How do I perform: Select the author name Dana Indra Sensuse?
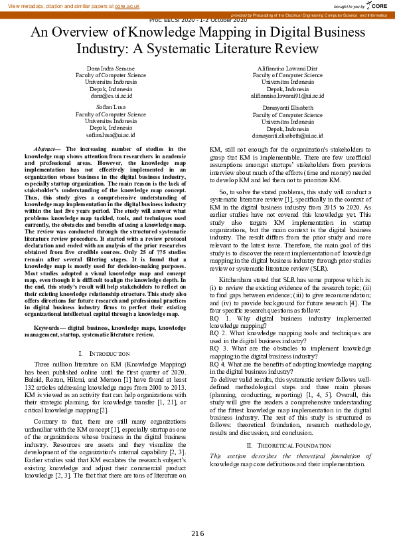coord(111,69)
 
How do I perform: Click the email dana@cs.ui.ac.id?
coord(111,95)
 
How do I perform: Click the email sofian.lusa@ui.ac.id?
coord(111,134)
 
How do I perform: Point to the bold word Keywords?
coord(48,328)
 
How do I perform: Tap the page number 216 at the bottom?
coord(198,534)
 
